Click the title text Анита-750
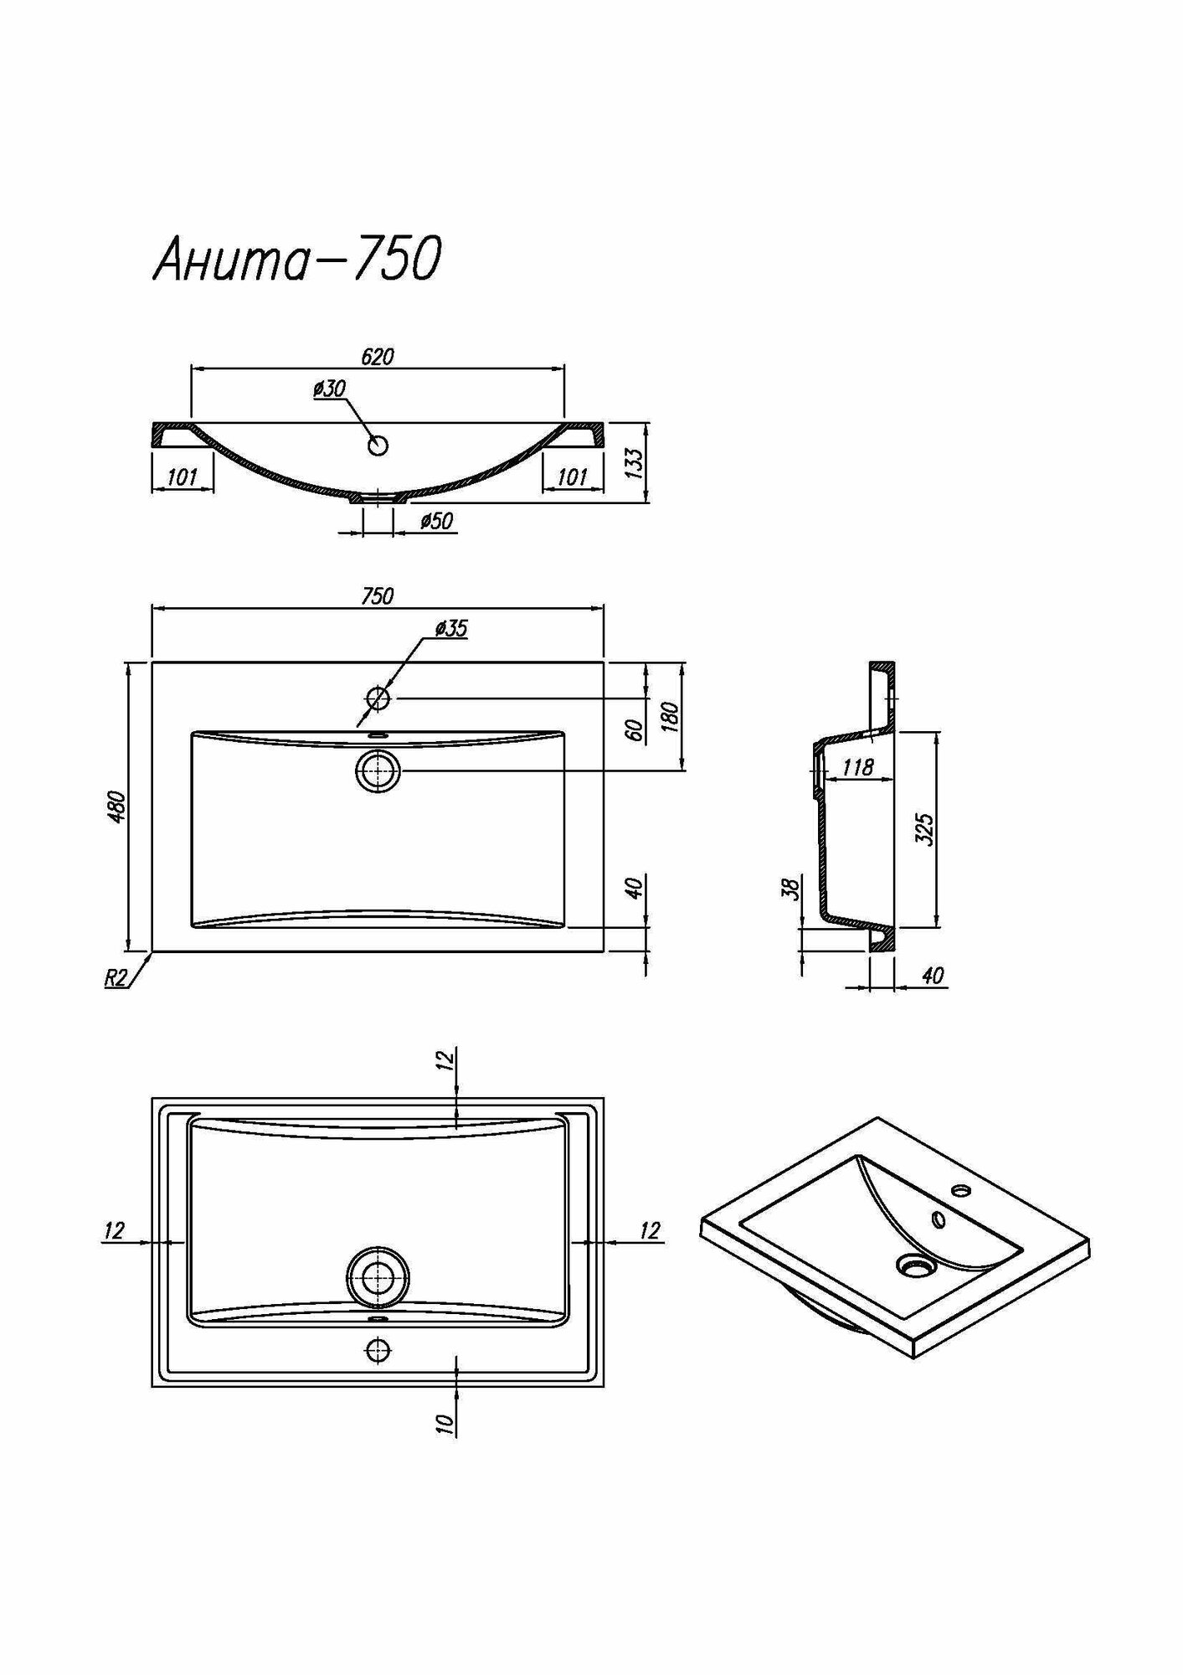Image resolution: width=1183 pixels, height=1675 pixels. (296, 260)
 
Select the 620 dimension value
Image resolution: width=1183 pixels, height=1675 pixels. (378, 357)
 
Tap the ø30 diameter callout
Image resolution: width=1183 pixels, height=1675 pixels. (329, 389)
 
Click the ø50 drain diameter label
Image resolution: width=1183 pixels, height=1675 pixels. (436, 522)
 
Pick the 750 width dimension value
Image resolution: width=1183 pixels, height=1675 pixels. (378, 596)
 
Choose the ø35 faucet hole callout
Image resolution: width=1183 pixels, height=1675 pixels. (450, 628)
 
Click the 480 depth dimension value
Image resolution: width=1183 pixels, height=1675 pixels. (118, 806)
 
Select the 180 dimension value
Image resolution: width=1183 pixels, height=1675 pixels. (671, 717)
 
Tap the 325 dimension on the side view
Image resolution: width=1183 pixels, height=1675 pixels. (925, 829)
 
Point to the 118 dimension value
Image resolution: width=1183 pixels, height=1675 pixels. (857, 766)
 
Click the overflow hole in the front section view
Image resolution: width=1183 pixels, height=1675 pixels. (378, 446)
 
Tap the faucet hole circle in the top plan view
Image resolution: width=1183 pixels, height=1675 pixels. (378, 698)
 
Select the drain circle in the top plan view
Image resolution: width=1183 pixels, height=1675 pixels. (378, 770)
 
